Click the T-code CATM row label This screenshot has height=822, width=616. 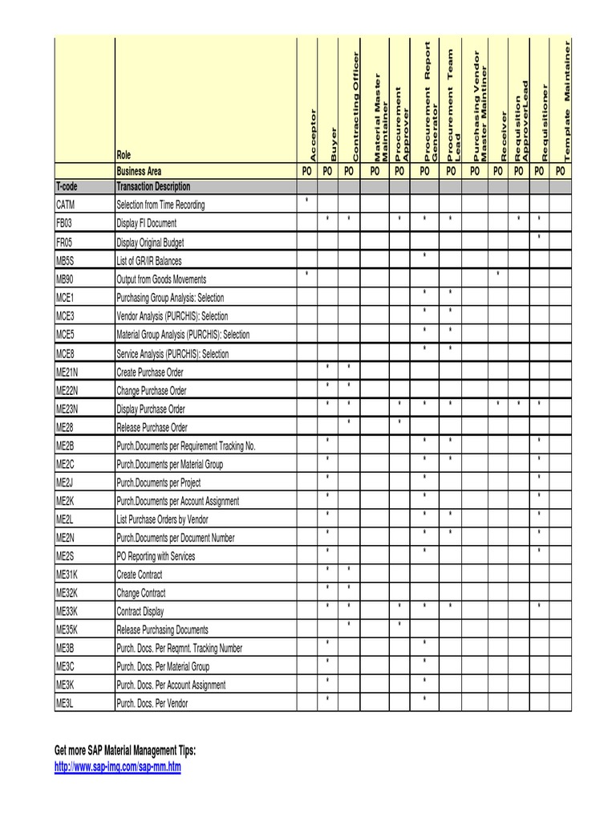click(x=65, y=205)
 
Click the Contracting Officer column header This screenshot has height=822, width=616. click(x=349, y=104)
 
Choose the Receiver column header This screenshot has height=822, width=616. click(x=498, y=136)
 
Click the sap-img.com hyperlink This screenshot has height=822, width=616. click(x=118, y=767)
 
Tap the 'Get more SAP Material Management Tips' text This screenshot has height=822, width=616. click(x=125, y=751)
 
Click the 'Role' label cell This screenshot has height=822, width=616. click(x=124, y=156)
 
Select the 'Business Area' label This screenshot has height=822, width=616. click(x=139, y=171)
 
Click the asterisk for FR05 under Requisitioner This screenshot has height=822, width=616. click(x=540, y=237)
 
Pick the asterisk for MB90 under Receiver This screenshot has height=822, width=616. click(x=498, y=275)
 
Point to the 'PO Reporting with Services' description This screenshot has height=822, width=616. click(x=156, y=556)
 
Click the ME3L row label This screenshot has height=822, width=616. click(x=65, y=704)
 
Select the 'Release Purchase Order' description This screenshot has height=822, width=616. click(x=152, y=428)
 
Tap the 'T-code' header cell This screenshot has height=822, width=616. click(x=67, y=186)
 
